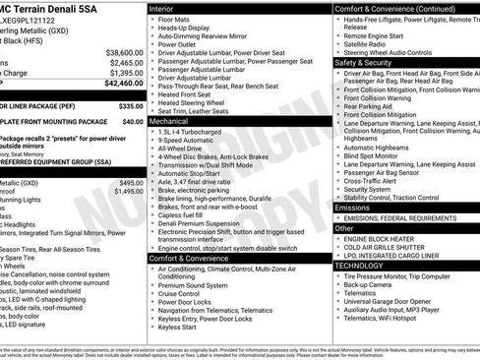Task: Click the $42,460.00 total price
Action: coord(119,85)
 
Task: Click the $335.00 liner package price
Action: coord(132,105)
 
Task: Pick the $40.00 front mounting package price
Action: coord(135,122)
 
